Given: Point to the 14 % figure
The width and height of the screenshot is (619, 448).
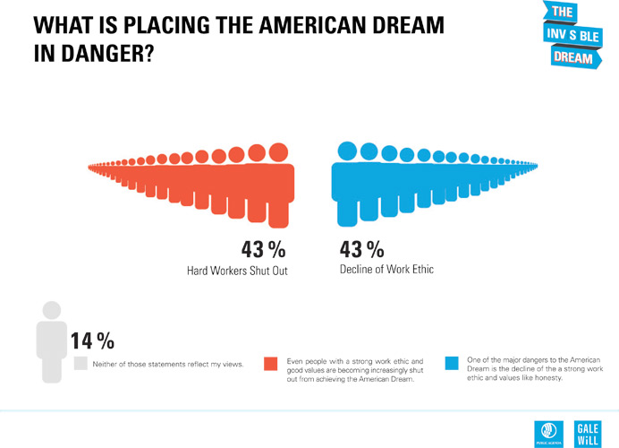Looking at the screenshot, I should pos(92,340).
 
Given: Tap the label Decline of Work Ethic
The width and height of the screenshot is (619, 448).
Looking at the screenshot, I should pos(386,269).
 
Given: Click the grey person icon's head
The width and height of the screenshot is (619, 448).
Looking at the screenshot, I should pos(51,310).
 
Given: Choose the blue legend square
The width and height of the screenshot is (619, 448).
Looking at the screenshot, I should pos(453,363).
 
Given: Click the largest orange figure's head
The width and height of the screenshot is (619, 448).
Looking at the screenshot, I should pos(278,152).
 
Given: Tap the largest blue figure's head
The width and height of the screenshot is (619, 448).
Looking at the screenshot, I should pos(346,151).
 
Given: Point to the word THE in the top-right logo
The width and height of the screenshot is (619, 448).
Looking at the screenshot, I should pos(563,13).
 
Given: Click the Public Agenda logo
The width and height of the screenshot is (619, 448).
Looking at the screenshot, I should pos(546,430).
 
